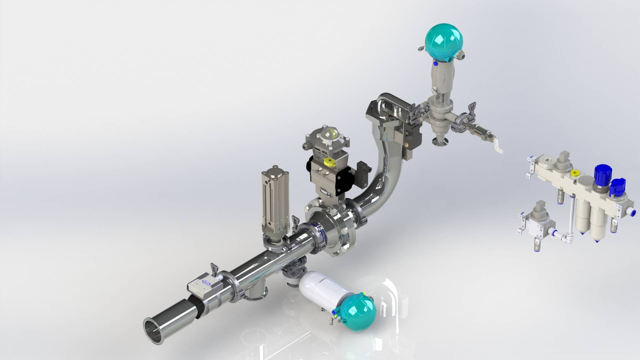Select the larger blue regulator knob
pos(602,173)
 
